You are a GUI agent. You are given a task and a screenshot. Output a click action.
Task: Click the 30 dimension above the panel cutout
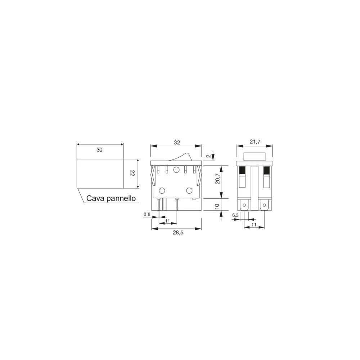coord(99,150)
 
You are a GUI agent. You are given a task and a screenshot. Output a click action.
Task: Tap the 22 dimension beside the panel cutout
coord(132,173)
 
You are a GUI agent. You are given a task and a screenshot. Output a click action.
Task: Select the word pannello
coord(121,199)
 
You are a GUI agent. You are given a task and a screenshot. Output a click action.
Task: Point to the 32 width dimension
coord(177,143)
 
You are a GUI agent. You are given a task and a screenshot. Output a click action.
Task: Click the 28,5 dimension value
coord(178,233)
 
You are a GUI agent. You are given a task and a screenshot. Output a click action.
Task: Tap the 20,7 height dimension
coord(217,179)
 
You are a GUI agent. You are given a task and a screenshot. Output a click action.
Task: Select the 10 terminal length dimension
coord(217,206)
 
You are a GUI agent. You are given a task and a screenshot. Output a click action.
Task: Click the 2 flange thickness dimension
coord(208,156)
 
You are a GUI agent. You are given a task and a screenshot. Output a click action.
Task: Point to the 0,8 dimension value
coord(147,215)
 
